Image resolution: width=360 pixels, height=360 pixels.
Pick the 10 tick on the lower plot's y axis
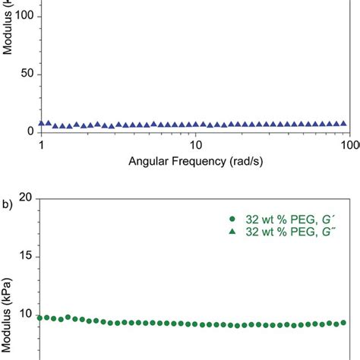[26, 314]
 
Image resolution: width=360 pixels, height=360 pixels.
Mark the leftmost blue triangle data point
[41, 123]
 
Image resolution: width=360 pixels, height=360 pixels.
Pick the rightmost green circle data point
[344, 322]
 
